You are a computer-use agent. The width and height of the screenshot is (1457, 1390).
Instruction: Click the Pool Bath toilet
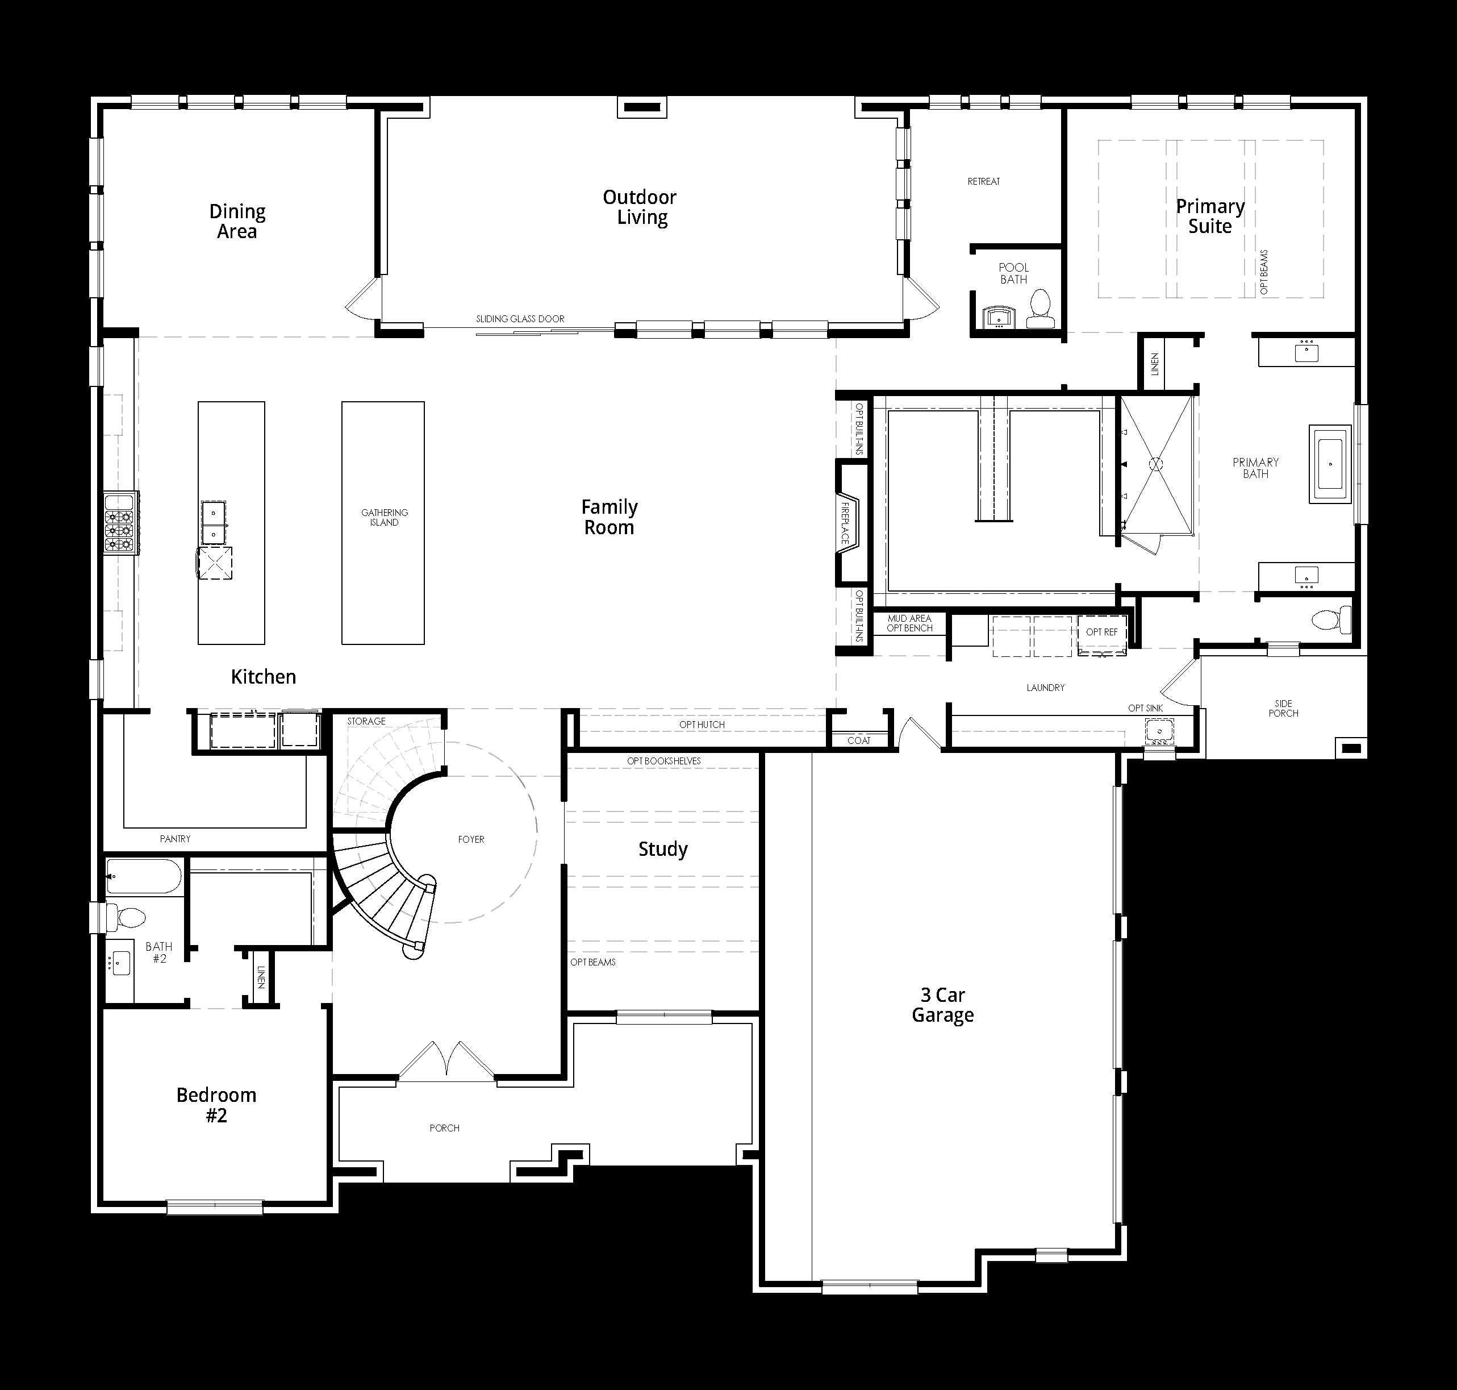coord(1040,309)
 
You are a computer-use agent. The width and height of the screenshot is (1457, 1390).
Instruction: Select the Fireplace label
coord(845,523)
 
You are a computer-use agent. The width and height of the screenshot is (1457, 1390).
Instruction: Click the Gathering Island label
coord(385,517)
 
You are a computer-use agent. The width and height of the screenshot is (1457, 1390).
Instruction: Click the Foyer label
coord(471,839)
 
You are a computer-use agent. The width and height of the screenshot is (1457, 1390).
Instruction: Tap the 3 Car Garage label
coord(942,1005)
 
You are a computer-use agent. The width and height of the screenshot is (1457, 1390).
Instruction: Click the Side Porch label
coord(1284,708)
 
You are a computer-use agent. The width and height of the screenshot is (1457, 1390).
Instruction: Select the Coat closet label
coord(859,740)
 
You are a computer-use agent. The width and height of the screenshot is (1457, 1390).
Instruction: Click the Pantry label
coord(176,839)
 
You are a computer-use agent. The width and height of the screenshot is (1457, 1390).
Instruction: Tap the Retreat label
coord(984,181)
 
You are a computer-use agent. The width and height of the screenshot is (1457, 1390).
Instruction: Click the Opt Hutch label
coord(702,725)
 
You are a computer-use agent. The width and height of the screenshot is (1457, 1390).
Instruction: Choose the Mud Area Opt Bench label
coord(909,623)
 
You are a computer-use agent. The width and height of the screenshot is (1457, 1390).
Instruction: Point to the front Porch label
coord(444,1127)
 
